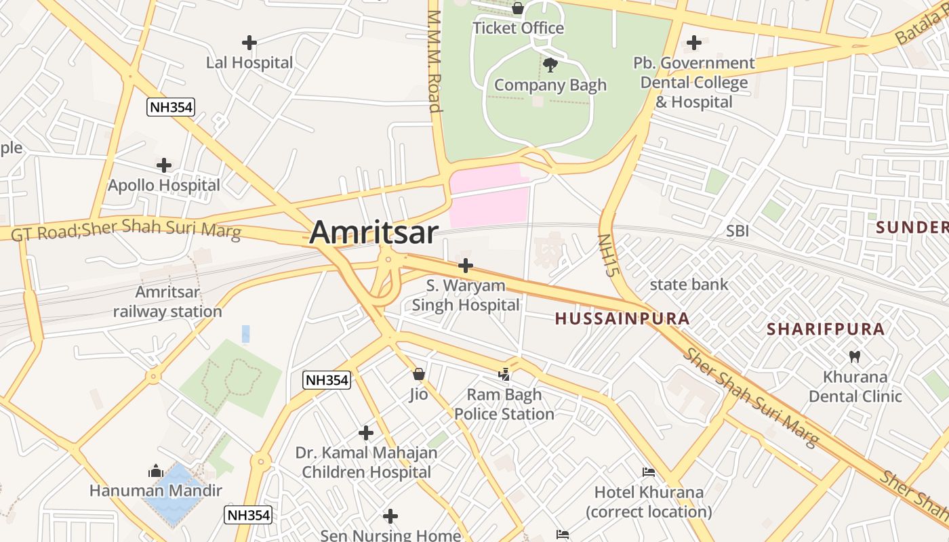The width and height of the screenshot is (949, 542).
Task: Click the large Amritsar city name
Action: tap(373, 232)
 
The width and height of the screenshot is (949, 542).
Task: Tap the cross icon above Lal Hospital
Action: tap(249, 43)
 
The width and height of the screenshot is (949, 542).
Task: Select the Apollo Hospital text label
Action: tap(164, 185)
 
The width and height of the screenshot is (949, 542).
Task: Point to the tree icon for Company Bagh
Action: tap(550, 64)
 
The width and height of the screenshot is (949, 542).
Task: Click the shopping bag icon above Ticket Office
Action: tap(518, 8)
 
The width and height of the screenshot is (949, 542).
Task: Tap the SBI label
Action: tap(738, 231)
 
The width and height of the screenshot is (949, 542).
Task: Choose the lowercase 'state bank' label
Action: tap(689, 285)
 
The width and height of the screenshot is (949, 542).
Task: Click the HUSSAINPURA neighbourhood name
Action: tap(622, 318)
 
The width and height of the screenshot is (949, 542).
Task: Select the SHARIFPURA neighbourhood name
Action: tap(826, 329)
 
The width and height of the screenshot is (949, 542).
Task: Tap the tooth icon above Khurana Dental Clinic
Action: tap(855, 356)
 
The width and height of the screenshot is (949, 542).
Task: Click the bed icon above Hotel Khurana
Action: tap(649, 472)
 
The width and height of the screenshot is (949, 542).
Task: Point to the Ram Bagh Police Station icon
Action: tap(504, 373)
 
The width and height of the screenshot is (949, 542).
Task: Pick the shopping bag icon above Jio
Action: tap(419, 374)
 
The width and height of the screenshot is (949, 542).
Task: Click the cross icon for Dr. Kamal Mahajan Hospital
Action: tap(366, 432)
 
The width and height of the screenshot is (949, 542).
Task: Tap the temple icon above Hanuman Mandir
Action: tap(156, 471)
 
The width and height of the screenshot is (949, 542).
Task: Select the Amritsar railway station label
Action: tap(167, 301)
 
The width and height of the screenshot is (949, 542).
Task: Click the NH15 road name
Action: tap(609, 255)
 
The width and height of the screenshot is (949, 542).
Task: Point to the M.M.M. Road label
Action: tap(435, 61)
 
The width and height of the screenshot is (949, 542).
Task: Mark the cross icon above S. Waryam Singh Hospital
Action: tap(466, 265)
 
